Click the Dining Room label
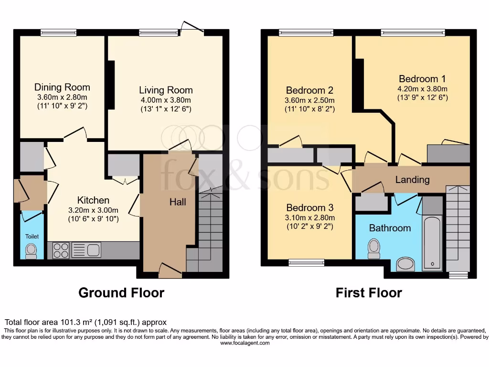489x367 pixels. pos(62,87)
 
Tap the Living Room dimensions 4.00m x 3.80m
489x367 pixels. pos(166,100)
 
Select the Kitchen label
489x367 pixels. pos(94,200)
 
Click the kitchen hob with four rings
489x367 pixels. pos(61,250)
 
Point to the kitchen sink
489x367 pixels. pos(86,250)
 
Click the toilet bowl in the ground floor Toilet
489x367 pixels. pos(32,250)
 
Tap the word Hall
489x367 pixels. pos(178,202)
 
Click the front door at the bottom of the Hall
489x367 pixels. pos(170,273)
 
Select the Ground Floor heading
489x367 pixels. pos(121,292)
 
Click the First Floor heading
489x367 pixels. pos(369,292)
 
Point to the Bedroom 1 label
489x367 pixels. pos(422,79)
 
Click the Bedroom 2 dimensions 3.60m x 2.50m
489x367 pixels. pos(310,100)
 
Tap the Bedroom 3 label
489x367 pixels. pos(310,208)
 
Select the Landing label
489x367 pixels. pos(412,180)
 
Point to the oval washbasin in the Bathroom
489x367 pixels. pos(406,264)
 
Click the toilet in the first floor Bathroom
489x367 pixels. pos(373,248)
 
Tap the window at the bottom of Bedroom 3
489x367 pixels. pos(307,262)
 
